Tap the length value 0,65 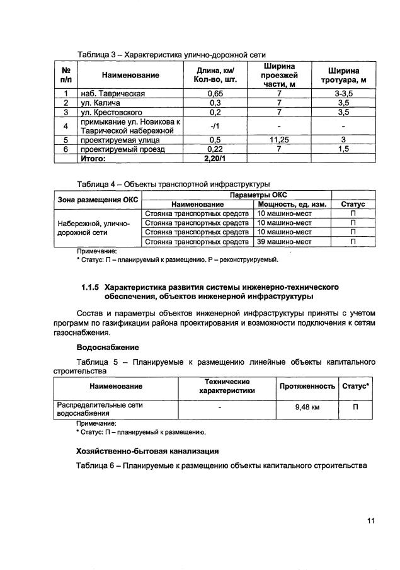tap(215, 94)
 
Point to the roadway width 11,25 tap(278, 140)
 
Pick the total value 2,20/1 tap(215, 158)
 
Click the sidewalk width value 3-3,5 tap(344, 94)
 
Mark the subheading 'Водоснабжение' tap(108, 347)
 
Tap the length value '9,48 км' tap(307, 408)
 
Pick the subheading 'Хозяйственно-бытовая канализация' tap(147, 451)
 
